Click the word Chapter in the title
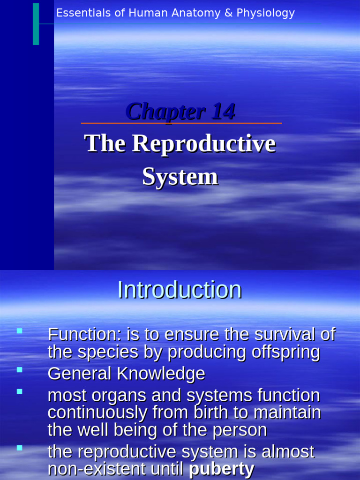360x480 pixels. [165, 112]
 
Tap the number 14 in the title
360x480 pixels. [223, 112]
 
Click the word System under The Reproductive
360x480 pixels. [180, 177]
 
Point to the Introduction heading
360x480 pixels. [180, 290]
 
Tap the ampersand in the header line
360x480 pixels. [228, 13]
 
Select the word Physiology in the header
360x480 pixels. [266, 13]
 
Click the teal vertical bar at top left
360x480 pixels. [36, 23]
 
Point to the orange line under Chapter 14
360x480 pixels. [181, 123]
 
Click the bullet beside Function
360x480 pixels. [20, 331]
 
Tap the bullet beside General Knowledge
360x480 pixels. [20, 370]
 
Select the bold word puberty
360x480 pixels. [222, 469]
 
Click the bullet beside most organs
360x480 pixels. [20, 391]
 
